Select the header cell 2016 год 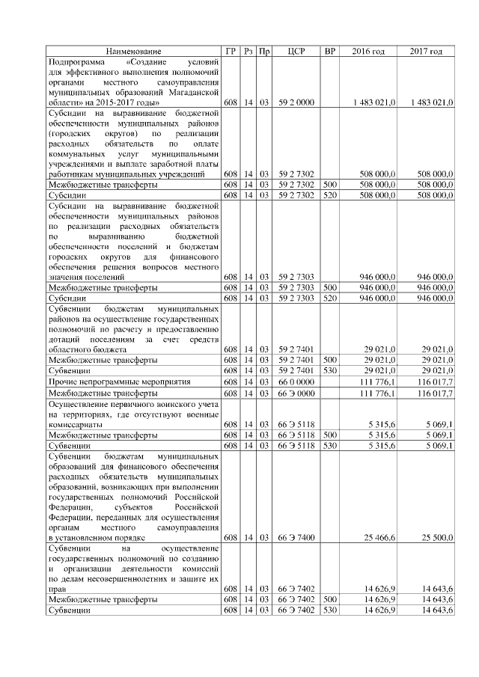click(368, 51)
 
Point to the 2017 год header click(426, 51)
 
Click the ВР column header click(329, 51)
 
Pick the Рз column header click(248, 51)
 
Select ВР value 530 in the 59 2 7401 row click(329, 370)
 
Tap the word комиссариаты click(75, 424)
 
